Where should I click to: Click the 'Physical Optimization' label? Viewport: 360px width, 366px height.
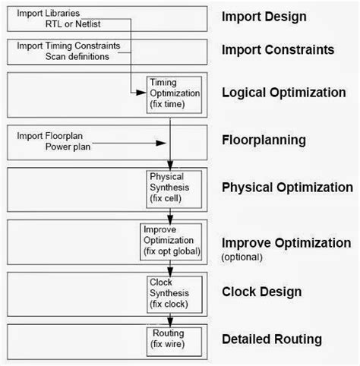click(x=286, y=187)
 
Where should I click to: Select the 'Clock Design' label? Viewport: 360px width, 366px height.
click(x=262, y=292)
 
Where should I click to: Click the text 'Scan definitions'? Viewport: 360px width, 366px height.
click(x=81, y=57)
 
